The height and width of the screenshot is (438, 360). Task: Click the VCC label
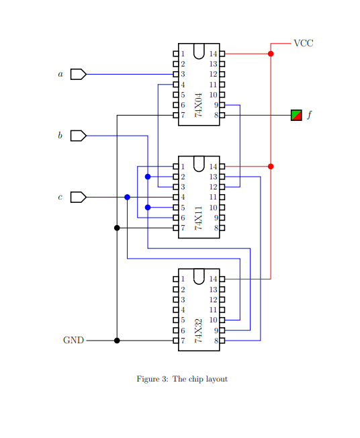(304, 43)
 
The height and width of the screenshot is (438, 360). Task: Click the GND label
(73, 341)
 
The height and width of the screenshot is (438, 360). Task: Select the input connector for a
(78, 74)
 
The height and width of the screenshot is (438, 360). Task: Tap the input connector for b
(78, 136)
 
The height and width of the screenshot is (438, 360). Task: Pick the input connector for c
(78, 197)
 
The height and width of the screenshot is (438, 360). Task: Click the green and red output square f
(296, 115)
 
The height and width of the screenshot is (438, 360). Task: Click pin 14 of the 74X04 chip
(222, 53)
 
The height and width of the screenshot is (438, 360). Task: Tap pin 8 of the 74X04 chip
(222, 116)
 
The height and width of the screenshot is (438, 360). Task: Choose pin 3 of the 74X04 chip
(176, 74)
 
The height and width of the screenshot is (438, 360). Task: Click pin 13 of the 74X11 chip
(222, 177)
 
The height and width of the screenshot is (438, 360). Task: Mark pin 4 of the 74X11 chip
(176, 197)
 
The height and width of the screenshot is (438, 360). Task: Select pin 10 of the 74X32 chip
(222, 320)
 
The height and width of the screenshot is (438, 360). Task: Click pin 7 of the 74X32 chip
(176, 341)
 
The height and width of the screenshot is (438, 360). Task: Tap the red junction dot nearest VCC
(271, 53)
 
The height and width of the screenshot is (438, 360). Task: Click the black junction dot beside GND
(117, 341)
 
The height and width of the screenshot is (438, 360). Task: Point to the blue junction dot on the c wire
(127, 197)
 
